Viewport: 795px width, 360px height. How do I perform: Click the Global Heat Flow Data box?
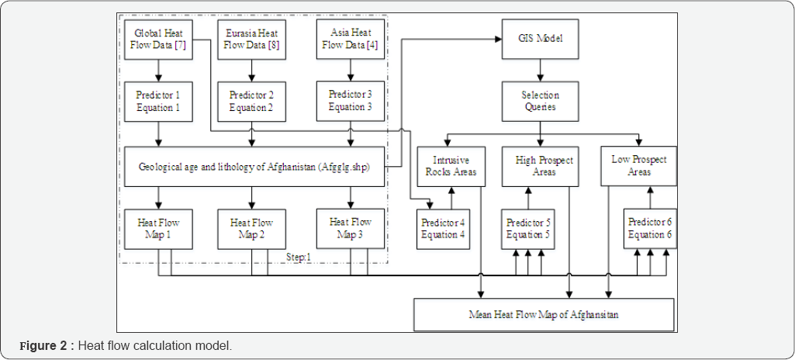[159, 40]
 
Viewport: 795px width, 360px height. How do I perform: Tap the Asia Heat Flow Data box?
[351, 40]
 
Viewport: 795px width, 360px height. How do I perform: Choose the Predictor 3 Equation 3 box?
[351, 100]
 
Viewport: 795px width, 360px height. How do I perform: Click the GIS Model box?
[539, 37]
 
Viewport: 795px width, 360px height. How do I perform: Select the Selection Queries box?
[539, 100]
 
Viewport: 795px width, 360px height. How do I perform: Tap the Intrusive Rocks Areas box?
[451, 165]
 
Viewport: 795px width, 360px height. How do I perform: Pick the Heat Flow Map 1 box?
[159, 228]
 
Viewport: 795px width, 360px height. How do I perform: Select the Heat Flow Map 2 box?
[251, 228]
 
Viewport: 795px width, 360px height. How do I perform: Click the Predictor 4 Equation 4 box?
[444, 228]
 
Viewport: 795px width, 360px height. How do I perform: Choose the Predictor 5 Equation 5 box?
[528, 228]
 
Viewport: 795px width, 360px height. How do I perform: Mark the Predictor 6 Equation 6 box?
[650, 228]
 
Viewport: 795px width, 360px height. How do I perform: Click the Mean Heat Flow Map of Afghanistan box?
[543, 314]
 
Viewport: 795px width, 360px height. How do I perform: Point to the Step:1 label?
[298, 257]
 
